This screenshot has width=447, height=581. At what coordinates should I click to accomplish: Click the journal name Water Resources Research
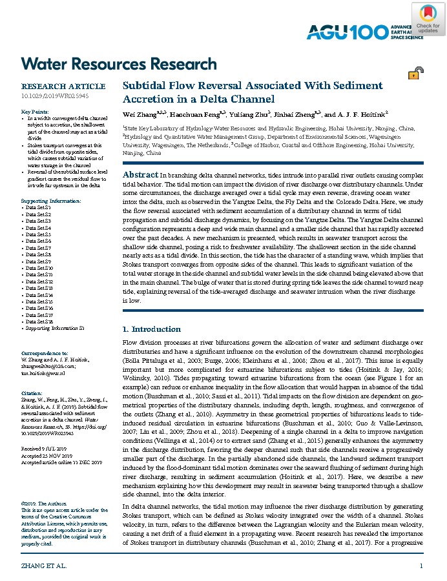click(119, 64)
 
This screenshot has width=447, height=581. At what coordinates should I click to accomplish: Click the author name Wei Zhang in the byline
click(140, 114)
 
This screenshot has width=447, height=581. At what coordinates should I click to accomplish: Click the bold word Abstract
click(140, 175)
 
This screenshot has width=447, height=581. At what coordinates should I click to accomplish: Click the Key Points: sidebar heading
click(36, 112)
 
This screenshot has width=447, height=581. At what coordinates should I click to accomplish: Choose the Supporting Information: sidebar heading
click(52, 201)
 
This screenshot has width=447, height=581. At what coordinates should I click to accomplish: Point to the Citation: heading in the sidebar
click(32, 392)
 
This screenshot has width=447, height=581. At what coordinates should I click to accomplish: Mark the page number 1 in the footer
click(421, 566)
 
